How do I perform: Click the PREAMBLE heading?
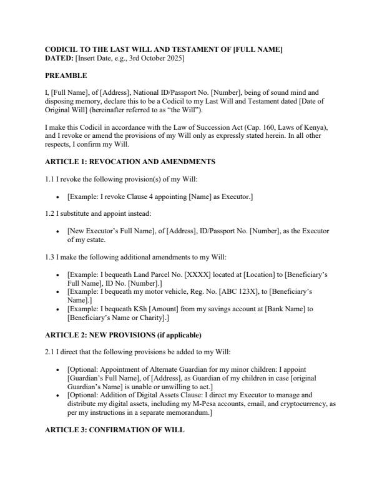point(66,75)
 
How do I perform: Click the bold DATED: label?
point(59,58)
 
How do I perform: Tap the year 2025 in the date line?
point(175,58)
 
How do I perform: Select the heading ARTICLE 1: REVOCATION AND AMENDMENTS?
point(130,162)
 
